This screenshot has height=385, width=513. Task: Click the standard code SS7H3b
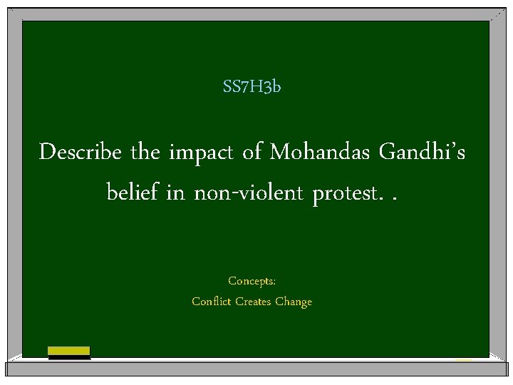click(252, 87)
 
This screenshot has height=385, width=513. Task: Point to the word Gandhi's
click(423, 152)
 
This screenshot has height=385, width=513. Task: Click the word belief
click(131, 191)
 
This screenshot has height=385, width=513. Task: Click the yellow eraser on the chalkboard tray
click(68, 351)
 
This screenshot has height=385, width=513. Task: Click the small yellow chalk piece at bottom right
click(464, 359)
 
